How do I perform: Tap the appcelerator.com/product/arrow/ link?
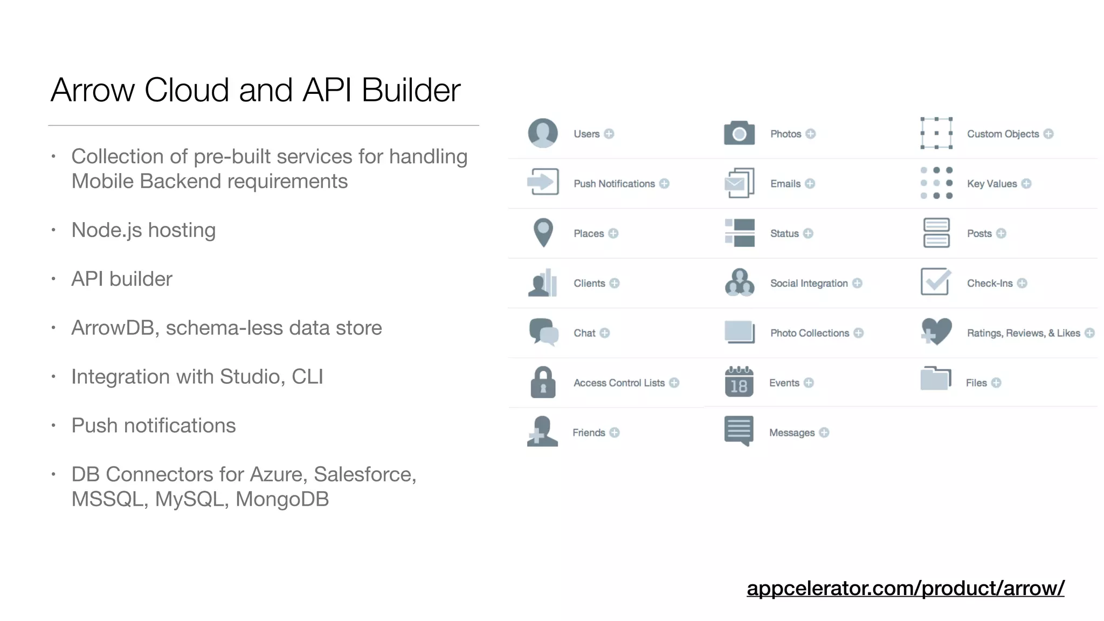[x=905, y=588]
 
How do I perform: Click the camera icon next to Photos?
[x=739, y=133]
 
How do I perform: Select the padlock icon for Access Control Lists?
[x=543, y=382]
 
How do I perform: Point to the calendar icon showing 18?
[x=739, y=382]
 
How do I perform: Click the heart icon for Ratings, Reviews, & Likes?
[x=936, y=332]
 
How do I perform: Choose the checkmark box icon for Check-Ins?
[x=935, y=282]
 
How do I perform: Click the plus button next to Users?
[x=609, y=134]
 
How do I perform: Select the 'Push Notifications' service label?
[x=614, y=184]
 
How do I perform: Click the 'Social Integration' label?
[x=809, y=284]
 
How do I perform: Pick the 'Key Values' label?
[x=991, y=184]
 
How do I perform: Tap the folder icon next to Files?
[x=935, y=378]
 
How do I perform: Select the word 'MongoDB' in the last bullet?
[x=282, y=499]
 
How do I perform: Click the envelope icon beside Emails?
[x=738, y=183]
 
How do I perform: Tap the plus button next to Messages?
[x=824, y=432]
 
